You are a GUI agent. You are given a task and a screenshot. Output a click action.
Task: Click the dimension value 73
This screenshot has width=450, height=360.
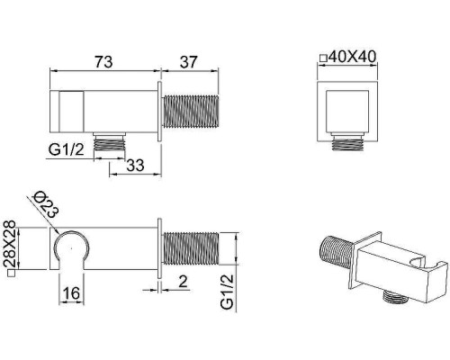point(103,62)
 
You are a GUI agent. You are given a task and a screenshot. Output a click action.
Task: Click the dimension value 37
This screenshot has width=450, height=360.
point(188,62)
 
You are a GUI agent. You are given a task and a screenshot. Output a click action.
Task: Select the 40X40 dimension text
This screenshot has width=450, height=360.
point(352,57)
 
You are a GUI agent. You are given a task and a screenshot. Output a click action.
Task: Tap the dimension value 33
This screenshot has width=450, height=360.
point(135,166)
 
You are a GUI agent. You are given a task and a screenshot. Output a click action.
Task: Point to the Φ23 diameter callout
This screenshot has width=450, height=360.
point(46,204)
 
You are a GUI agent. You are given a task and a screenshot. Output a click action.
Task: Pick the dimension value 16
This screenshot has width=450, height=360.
point(71,293)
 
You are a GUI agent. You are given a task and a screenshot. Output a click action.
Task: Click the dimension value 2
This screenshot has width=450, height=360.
point(183,282)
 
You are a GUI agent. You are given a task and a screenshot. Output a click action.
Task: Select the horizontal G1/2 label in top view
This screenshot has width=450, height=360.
point(67,149)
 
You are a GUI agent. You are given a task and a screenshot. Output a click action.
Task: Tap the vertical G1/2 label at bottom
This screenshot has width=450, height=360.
point(227,292)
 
